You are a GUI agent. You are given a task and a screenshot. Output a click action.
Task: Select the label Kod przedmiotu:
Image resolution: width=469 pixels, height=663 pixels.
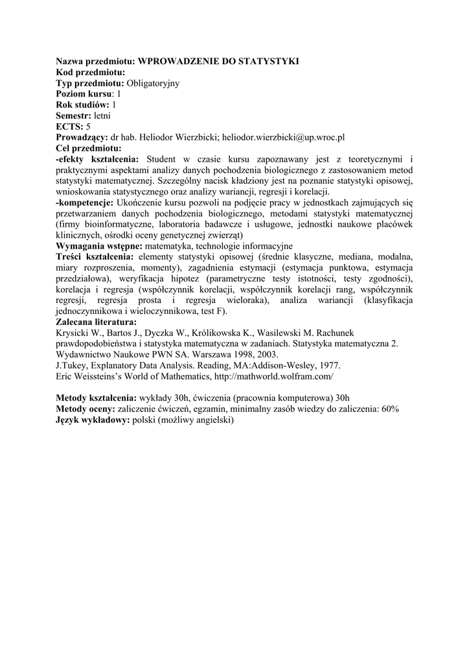(91, 72)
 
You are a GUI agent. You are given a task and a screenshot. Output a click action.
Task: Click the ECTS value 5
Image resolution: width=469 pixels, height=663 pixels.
(88, 127)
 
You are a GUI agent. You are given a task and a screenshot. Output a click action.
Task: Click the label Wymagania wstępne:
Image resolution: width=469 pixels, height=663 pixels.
(99, 247)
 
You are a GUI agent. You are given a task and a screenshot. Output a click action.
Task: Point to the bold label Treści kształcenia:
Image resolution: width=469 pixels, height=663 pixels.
(95, 258)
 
